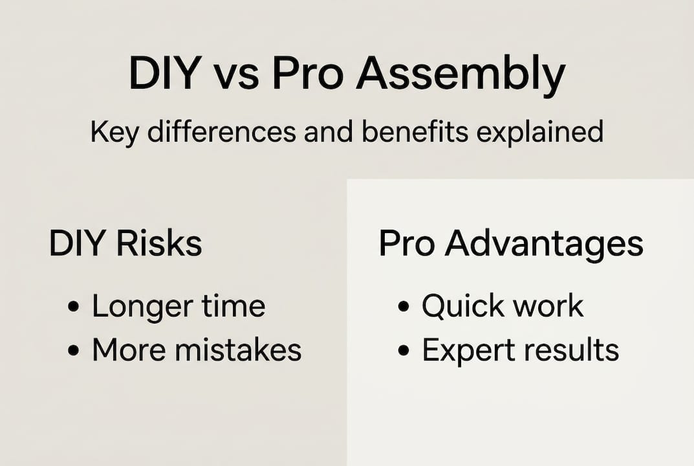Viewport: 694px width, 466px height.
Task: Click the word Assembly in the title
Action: [x=461, y=75]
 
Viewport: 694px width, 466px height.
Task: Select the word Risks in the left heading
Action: [x=159, y=244]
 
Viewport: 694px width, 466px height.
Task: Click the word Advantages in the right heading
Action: [x=544, y=245]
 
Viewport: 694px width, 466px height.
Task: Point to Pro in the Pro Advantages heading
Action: [x=407, y=244]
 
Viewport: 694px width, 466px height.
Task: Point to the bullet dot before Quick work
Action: [x=404, y=307]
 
